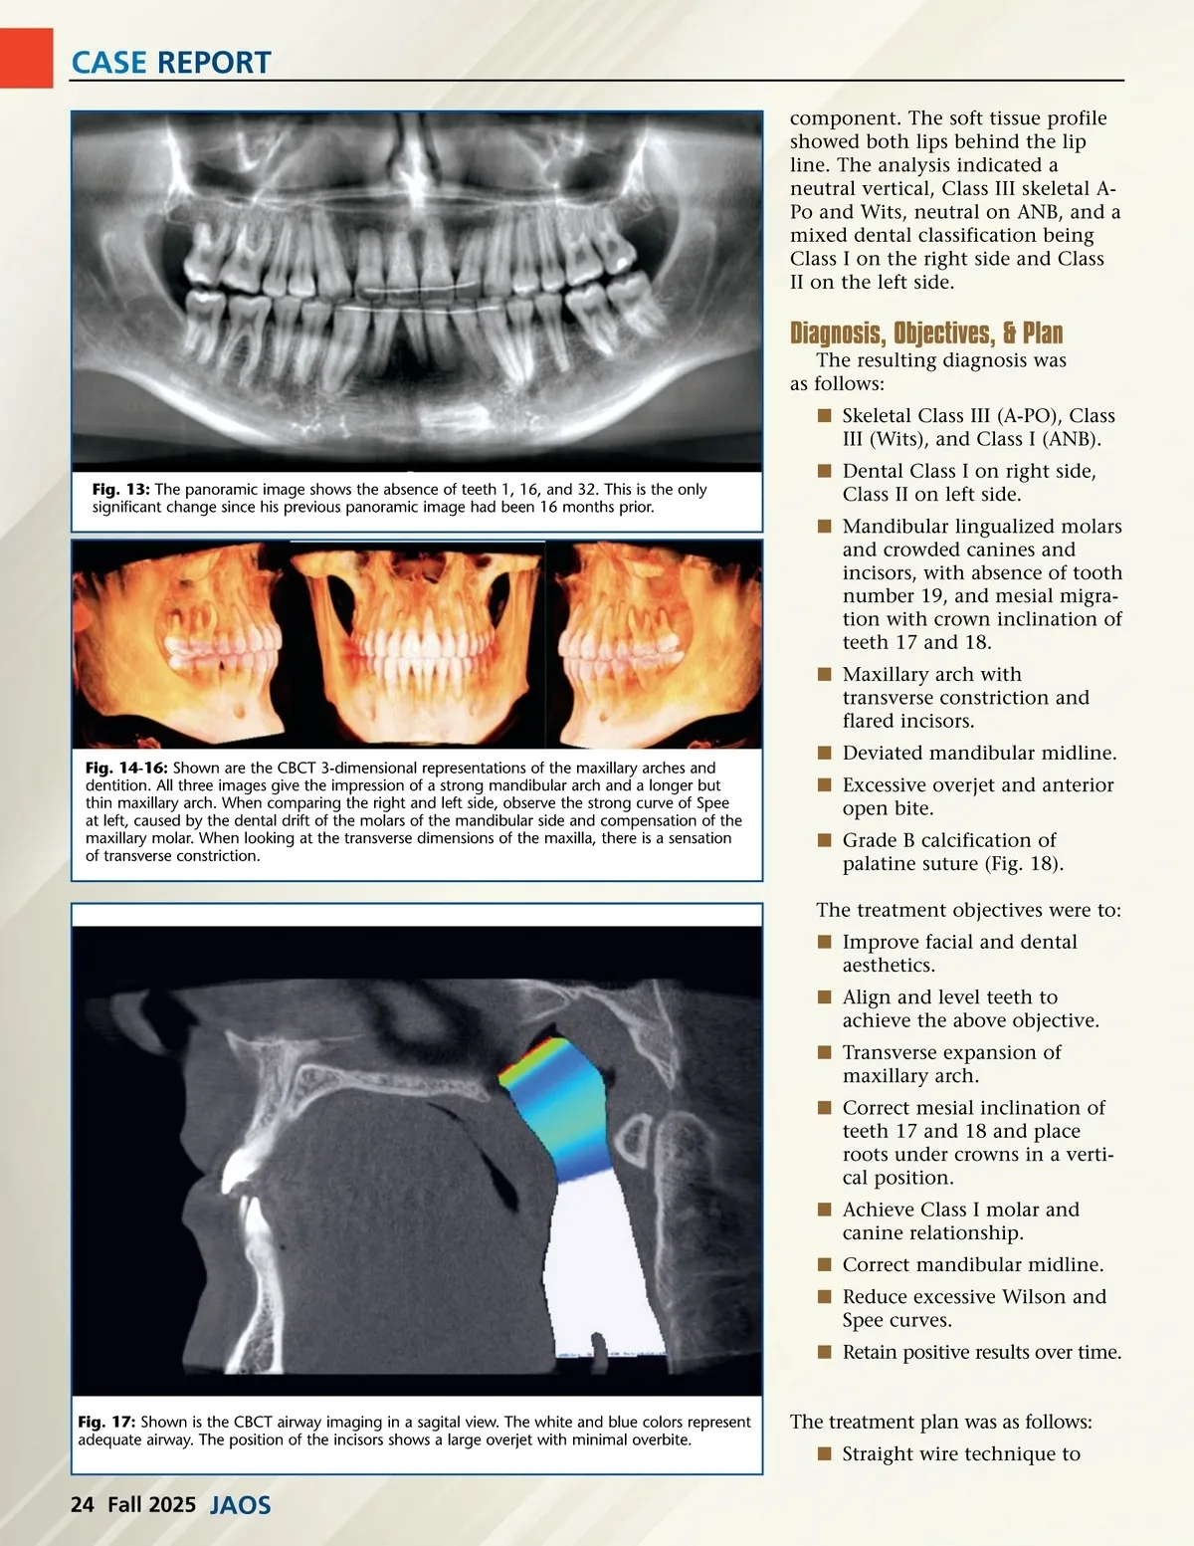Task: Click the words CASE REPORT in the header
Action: click(x=170, y=62)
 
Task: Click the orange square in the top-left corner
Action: click(x=26, y=58)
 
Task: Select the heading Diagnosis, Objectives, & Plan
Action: click(x=925, y=332)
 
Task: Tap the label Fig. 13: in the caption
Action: click(x=120, y=490)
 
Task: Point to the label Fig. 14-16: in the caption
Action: click(x=127, y=769)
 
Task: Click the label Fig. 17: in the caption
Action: click(x=106, y=1423)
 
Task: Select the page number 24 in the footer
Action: click(x=82, y=1504)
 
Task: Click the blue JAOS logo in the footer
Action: click(x=240, y=1505)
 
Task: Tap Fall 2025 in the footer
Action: click(x=151, y=1504)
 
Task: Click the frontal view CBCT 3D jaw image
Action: click(x=418, y=644)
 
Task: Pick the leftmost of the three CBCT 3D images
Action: click(x=181, y=644)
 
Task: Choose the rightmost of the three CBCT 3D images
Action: click(x=655, y=644)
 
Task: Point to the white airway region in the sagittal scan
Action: click(x=597, y=1264)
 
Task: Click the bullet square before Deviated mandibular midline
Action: click(x=824, y=753)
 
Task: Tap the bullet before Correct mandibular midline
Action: click(x=824, y=1264)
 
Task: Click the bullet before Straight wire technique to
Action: click(x=824, y=1453)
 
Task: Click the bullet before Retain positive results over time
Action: click(x=824, y=1352)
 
